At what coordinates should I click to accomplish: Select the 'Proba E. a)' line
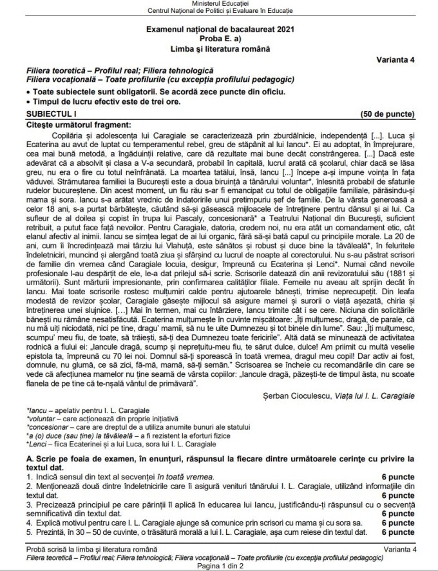click(x=219, y=39)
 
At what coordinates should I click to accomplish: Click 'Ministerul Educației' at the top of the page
click(x=219, y=4)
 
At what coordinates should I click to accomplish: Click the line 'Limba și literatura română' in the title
click(x=219, y=49)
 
